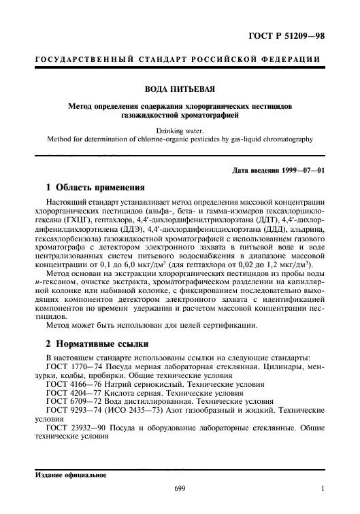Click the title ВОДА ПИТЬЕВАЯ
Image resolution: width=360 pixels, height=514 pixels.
pyautogui.click(x=180, y=89)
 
